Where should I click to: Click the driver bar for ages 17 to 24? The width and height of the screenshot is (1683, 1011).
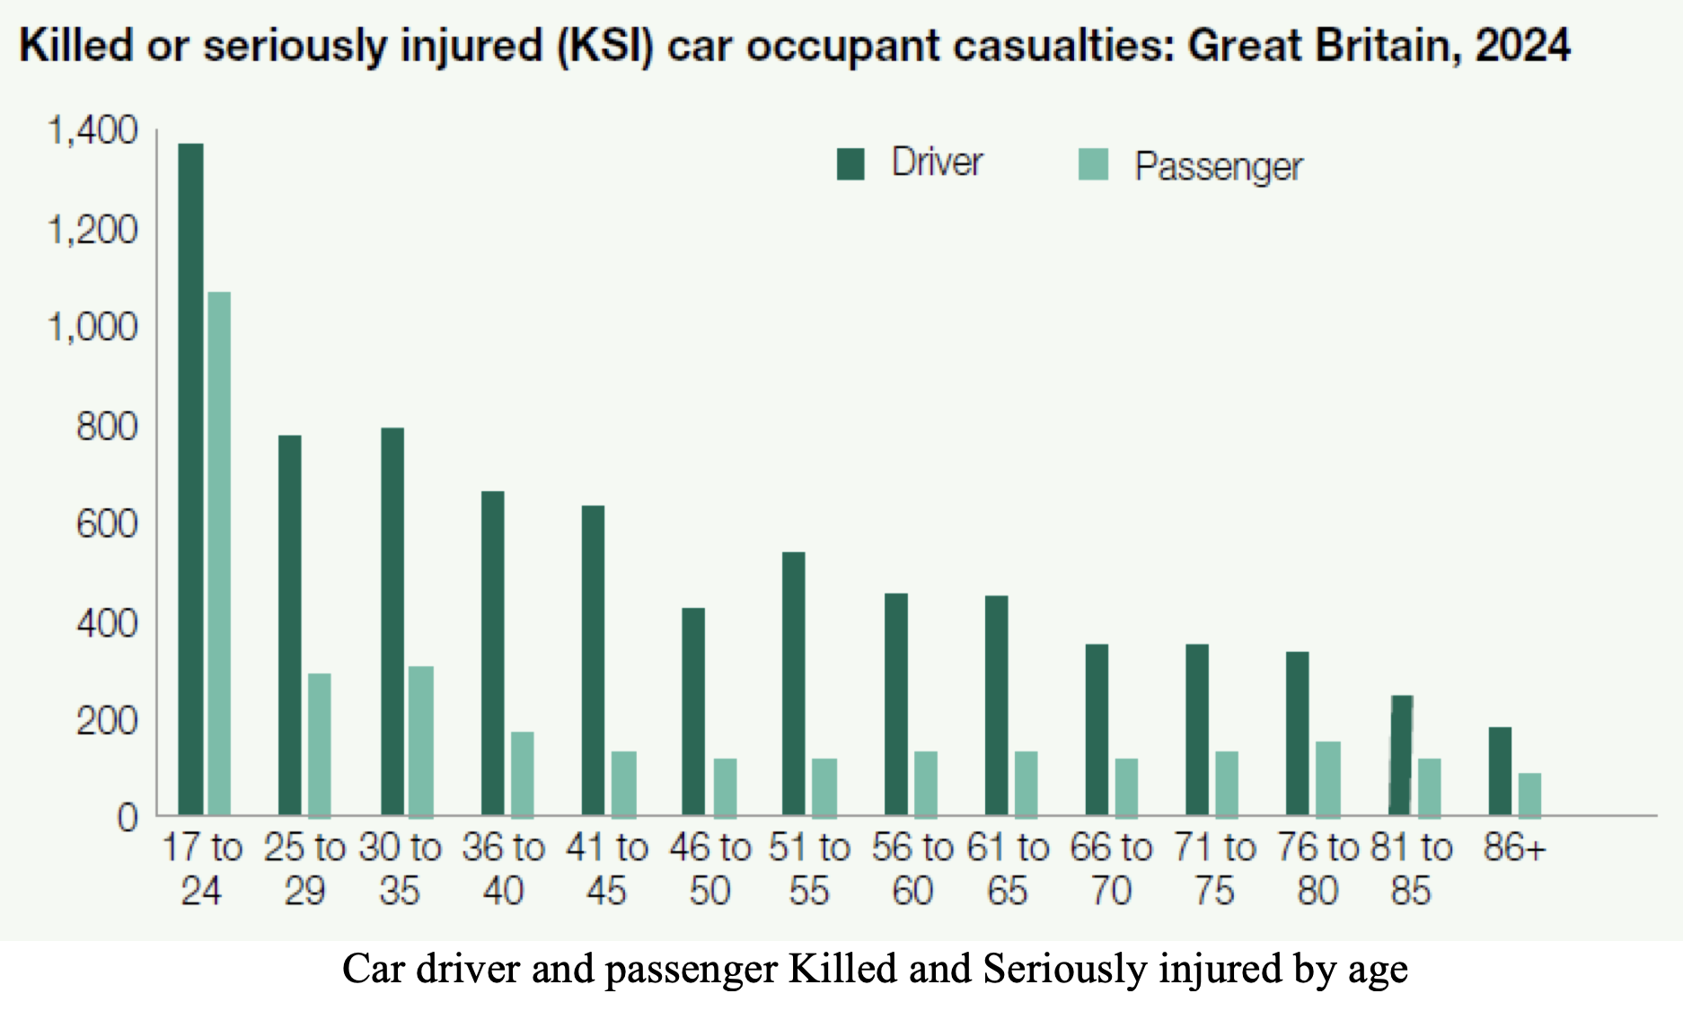[x=190, y=479]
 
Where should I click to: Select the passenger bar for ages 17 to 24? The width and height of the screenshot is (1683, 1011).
[x=219, y=554]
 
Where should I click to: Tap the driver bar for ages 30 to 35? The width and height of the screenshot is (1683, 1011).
[x=392, y=621]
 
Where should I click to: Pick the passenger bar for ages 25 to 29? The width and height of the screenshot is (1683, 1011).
[x=320, y=745]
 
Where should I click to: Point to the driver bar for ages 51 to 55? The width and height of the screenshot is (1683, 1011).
[x=794, y=683]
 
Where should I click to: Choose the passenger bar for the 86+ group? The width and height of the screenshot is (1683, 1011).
[x=1530, y=795]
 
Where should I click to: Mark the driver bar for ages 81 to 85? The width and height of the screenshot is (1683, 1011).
[x=1401, y=755]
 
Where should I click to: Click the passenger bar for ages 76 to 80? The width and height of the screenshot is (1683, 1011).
[x=1328, y=778]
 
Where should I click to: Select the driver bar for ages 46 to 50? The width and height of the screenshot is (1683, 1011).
[x=693, y=711]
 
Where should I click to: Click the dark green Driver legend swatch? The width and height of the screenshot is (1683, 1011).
[x=850, y=164]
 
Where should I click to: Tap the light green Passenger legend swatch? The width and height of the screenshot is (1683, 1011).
[x=1093, y=164]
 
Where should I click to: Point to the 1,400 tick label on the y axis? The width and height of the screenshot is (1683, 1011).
[x=93, y=131]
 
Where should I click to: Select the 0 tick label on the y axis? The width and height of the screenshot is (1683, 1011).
[x=128, y=818]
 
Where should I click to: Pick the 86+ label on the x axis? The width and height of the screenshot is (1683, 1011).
[x=1514, y=848]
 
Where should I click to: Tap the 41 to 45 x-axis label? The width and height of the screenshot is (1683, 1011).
[x=607, y=869]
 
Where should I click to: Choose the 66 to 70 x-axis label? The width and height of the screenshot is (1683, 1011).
[x=1111, y=869]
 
